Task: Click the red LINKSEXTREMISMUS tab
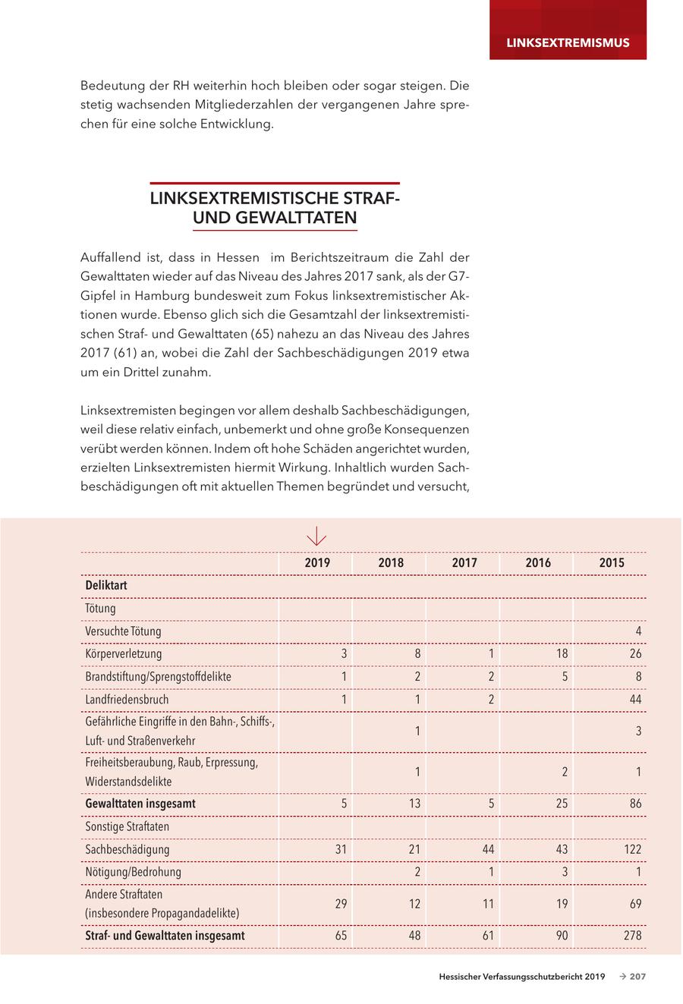tap(568, 42)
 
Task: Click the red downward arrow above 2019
tap(316, 537)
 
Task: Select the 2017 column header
tap(464, 563)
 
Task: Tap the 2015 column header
tap(612, 563)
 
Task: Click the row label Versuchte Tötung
tap(123, 631)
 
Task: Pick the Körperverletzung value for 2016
tap(562, 653)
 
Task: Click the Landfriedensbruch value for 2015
tap(635, 699)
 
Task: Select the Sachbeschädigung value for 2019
tap(341, 849)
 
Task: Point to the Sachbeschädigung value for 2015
tap(632, 849)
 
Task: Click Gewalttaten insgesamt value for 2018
tap(414, 804)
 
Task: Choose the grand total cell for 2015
tap(632, 936)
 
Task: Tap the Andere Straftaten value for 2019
tap(341, 904)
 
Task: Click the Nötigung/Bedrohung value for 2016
tap(565, 872)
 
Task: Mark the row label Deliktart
tap(106, 586)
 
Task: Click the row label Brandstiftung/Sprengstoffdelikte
tap(159, 676)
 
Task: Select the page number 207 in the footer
tap(637, 977)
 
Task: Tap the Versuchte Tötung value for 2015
tap(639, 631)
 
